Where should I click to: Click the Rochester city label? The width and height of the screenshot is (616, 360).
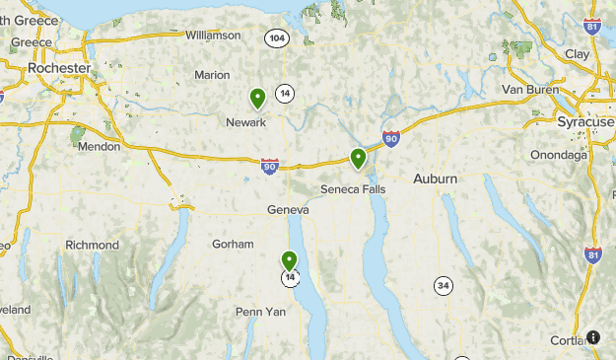click(x=59, y=68)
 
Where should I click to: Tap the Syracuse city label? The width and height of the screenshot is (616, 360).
click(x=585, y=121)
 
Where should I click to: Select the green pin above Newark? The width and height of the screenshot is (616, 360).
click(x=257, y=98)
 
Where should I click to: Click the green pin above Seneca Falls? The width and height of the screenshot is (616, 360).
click(x=359, y=158)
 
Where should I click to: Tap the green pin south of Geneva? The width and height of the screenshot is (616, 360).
click(x=290, y=261)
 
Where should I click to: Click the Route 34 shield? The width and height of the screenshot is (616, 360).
click(x=444, y=286)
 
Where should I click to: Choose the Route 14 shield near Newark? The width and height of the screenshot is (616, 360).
click(x=285, y=93)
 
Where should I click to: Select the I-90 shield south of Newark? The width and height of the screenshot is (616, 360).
click(x=270, y=168)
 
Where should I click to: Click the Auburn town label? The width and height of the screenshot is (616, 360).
click(x=435, y=179)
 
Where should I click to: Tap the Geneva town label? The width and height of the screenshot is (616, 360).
click(x=288, y=210)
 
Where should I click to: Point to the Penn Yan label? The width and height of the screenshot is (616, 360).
click(x=260, y=312)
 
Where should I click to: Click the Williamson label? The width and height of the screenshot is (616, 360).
click(x=213, y=36)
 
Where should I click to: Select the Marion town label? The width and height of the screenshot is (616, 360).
click(x=212, y=75)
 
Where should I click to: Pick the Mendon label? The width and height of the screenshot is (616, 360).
click(x=100, y=146)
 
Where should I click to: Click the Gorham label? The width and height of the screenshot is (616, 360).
click(x=233, y=244)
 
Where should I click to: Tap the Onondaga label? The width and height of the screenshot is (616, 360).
click(x=558, y=155)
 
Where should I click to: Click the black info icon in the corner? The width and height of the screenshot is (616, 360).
click(x=593, y=337)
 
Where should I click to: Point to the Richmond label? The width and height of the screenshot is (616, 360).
click(x=92, y=245)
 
